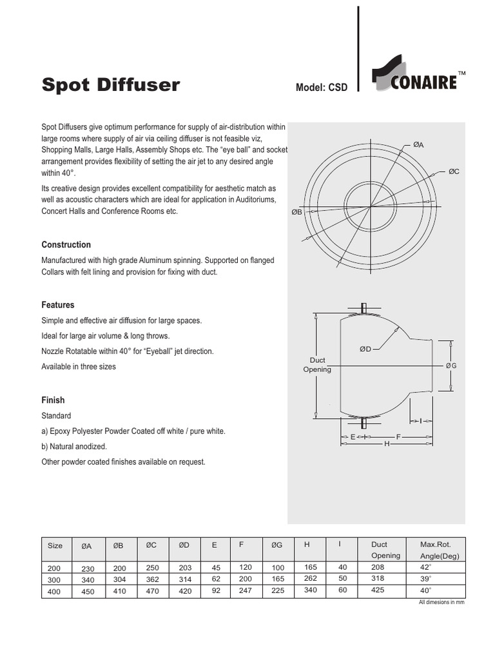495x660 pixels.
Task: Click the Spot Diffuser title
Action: click(x=111, y=85)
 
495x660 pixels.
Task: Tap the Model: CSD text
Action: click(x=321, y=88)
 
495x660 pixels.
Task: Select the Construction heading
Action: click(x=66, y=245)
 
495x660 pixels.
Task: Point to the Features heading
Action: click(x=58, y=305)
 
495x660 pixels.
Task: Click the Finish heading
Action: click(x=53, y=400)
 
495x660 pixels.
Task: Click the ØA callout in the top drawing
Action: click(x=418, y=145)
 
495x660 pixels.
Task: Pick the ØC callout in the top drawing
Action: click(x=454, y=172)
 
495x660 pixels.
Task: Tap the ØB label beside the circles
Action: click(x=297, y=211)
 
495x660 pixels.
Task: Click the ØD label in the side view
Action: click(x=365, y=349)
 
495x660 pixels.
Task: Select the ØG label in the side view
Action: click(x=451, y=365)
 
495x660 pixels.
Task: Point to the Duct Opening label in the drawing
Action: click(x=317, y=365)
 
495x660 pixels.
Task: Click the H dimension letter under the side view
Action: click(x=387, y=444)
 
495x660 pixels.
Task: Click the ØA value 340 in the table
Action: click(x=87, y=579)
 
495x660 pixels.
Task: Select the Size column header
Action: click(x=55, y=545)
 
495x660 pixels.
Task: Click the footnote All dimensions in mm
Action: click(x=442, y=602)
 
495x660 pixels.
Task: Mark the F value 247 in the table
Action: click(x=245, y=590)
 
